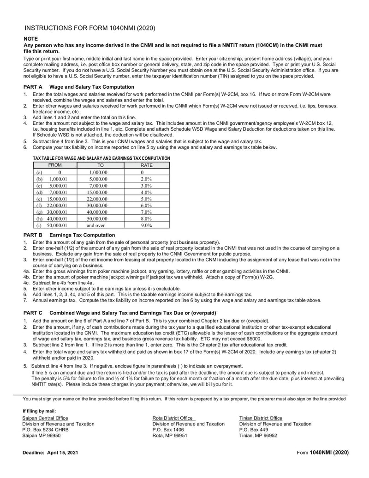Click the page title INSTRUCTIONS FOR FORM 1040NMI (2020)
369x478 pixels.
tap(89, 28)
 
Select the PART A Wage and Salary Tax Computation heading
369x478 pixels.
tap(79, 87)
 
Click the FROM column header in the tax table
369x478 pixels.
tap(55, 165)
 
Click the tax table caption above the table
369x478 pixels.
tap(101, 158)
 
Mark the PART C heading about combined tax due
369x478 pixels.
tap(115, 313)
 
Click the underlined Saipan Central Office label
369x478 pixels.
tap(45, 418)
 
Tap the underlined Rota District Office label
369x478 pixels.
tap(173, 418)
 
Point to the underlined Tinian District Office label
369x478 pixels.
tap(261, 418)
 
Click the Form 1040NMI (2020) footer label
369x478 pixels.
tap(322, 453)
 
